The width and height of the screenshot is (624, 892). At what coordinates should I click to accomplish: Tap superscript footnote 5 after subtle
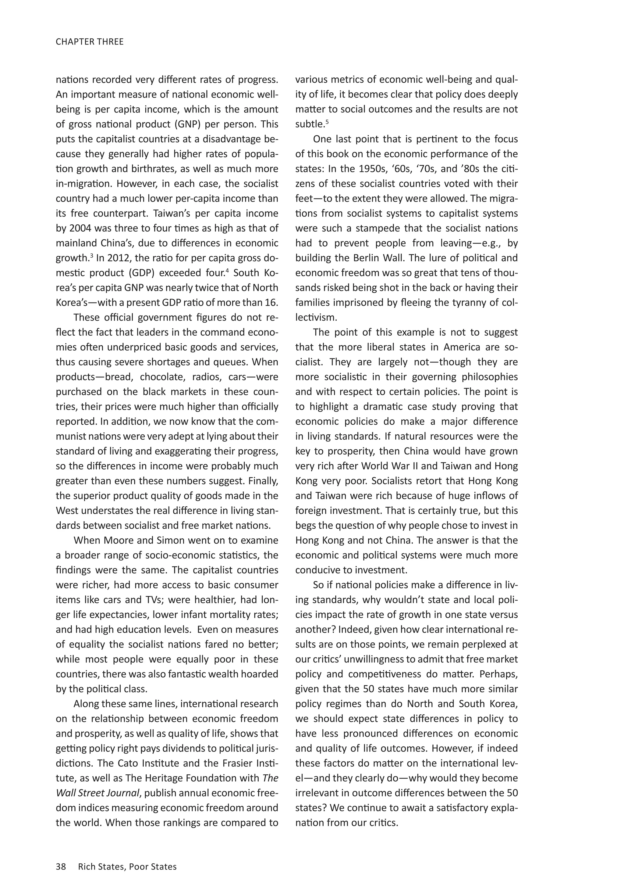(x=327, y=122)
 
